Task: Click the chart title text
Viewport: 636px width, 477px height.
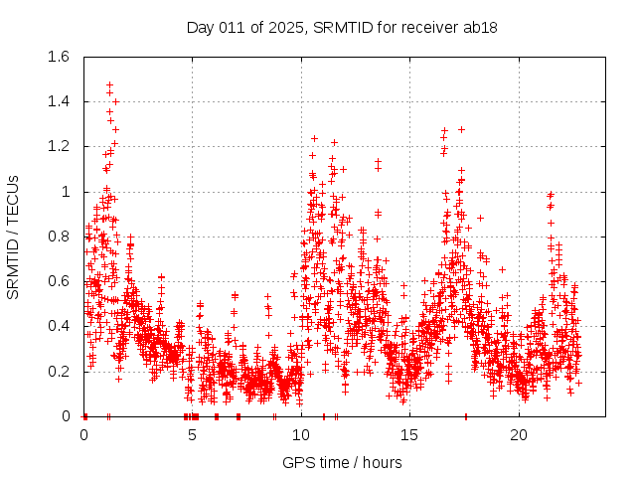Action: click(x=342, y=27)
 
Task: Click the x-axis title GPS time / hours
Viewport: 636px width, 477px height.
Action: click(x=342, y=462)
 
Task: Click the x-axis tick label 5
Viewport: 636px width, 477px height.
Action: click(x=193, y=435)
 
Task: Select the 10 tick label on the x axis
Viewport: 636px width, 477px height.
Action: click(x=301, y=435)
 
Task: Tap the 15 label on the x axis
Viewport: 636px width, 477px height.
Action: click(x=409, y=435)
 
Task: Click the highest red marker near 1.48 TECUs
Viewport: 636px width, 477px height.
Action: click(x=109, y=85)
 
